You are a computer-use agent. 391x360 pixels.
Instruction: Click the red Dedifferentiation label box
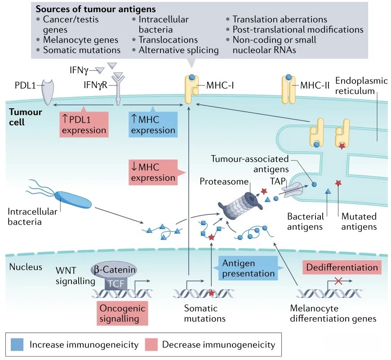tap(342, 267)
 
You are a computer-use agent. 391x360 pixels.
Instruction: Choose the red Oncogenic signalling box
tap(123, 313)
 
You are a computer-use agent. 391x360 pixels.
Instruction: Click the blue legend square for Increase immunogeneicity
tap(17, 345)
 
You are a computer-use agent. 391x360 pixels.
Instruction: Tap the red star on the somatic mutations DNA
tap(211, 293)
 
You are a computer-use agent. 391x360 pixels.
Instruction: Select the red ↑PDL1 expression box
tap(84, 125)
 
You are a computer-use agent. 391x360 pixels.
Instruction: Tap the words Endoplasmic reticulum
tap(355, 87)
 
